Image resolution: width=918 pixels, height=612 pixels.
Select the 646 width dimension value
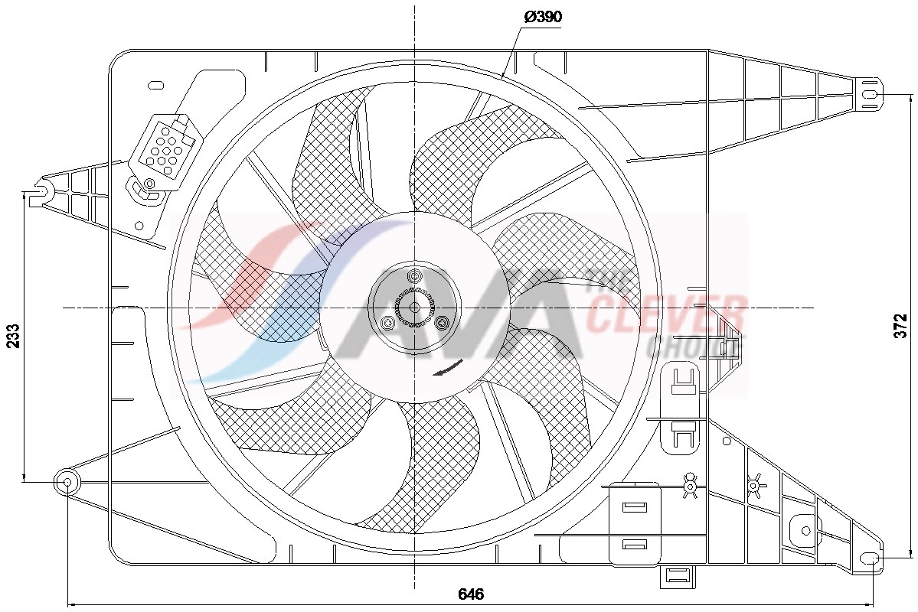click(470, 594)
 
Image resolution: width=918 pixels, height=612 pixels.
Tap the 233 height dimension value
click(14, 335)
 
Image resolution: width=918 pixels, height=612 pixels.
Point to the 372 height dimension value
click(901, 326)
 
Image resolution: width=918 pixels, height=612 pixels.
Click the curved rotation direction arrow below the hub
click(447, 369)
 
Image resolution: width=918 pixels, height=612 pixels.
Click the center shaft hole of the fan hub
click(414, 307)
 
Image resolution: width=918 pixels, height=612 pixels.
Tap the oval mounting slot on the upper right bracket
click(870, 94)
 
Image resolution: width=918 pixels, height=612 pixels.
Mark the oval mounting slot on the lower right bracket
click(870, 558)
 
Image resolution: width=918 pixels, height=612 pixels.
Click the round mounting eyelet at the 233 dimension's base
click(67, 482)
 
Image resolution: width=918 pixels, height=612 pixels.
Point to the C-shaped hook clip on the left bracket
click(43, 188)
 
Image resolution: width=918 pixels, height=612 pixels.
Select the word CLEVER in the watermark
click(666, 314)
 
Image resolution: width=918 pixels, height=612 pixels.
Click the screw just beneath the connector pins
click(149, 183)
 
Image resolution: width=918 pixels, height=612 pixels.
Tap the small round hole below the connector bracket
click(139, 226)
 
